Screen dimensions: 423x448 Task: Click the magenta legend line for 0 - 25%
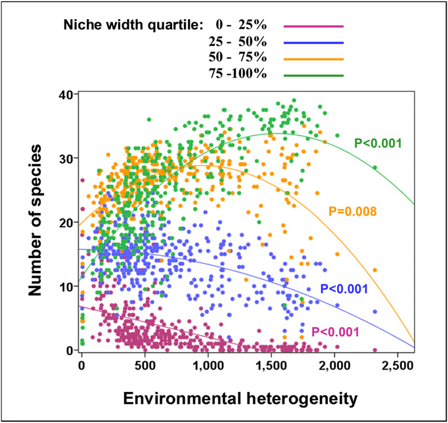tap(313, 26)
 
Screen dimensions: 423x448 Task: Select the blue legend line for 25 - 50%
tap(313, 42)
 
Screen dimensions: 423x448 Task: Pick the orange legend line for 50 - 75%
tap(313, 59)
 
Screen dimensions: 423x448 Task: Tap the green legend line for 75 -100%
tap(313, 75)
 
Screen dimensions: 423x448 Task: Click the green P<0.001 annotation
tap(378, 142)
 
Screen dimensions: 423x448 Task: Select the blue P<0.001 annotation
tap(344, 288)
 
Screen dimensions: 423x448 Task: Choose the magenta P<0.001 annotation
tap(335, 332)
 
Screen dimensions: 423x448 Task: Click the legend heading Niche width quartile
tap(131, 26)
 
